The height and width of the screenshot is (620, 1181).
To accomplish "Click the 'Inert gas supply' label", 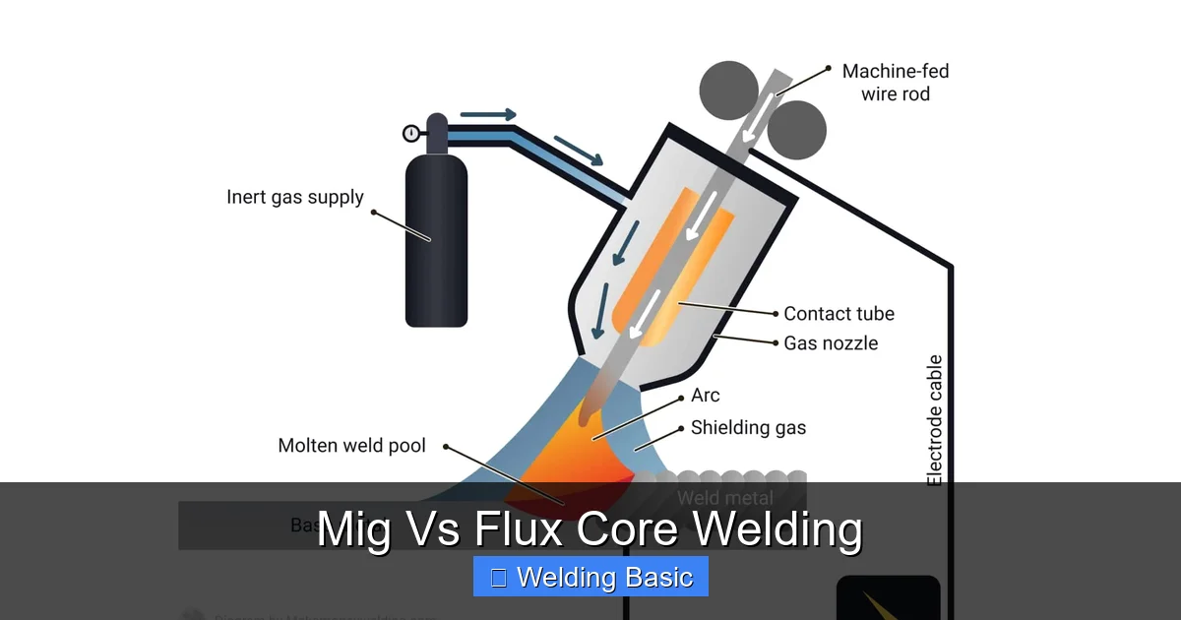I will [x=294, y=197].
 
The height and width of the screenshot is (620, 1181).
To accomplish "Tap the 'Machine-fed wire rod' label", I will [x=895, y=83].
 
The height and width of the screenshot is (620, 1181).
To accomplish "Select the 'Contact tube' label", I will [x=839, y=314].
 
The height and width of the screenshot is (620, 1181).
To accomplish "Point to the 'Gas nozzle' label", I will [x=831, y=343].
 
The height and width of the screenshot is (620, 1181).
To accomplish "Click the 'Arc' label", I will [x=706, y=396].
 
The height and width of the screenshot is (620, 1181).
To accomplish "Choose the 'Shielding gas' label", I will [x=748, y=428].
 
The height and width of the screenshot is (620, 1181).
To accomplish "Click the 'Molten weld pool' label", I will [x=351, y=446].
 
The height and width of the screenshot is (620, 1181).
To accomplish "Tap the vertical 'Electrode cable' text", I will [x=935, y=420].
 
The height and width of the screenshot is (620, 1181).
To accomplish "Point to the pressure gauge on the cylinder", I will [x=411, y=134].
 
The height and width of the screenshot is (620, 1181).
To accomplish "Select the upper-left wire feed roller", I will [x=728, y=91].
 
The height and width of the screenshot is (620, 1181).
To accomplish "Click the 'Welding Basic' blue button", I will [x=590, y=577].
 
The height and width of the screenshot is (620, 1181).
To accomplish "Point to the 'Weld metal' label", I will [x=724, y=499].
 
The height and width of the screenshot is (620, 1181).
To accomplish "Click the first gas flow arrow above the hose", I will [x=487, y=115].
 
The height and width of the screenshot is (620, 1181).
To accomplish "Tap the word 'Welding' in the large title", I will [x=777, y=529].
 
